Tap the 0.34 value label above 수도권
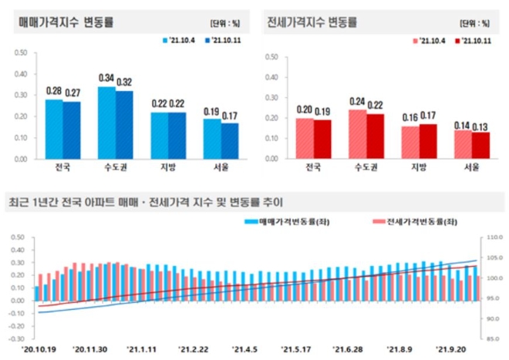pyautogui.click(x=106, y=78)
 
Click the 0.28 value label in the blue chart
pyautogui.click(x=54, y=91)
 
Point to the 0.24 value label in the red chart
pyautogui.click(x=356, y=101)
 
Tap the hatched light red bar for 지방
pyautogui.click(x=411, y=142)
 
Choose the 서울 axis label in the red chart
pyautogui.click(x=461, y=167)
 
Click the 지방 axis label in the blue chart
pyautogui.click(x=168, y=167)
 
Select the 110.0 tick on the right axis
pyautogui.click(x=491, y=237)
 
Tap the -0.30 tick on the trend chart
pyautogui.click(x=17, y=338)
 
